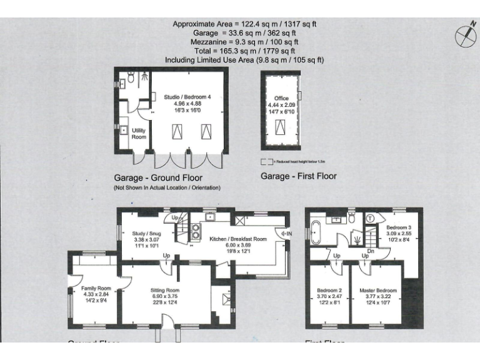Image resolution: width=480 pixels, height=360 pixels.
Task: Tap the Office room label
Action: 281,99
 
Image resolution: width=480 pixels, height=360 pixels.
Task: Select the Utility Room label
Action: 138,133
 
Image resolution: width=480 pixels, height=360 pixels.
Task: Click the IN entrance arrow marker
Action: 288,234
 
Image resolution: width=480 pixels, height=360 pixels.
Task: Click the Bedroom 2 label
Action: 329,291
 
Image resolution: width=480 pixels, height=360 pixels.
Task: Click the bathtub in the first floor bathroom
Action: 314,231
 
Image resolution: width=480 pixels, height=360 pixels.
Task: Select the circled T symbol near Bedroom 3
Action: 371,219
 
